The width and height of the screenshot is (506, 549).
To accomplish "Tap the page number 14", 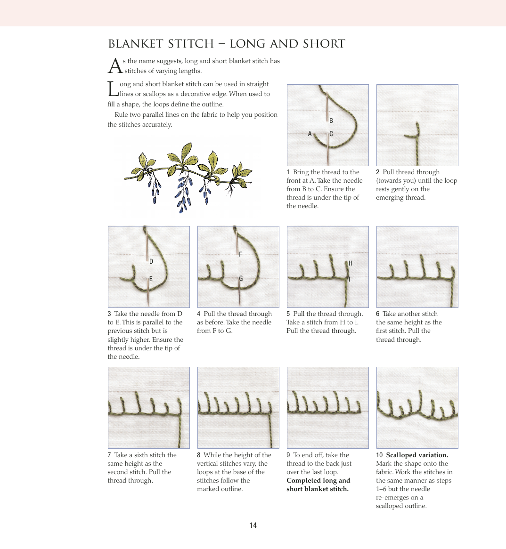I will (253, 525).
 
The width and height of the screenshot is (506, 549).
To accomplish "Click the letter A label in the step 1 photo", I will (310, 134).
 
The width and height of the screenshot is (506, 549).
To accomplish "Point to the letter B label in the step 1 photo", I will (331, 121).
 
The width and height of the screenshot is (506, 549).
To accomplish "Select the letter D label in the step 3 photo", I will (151, 262).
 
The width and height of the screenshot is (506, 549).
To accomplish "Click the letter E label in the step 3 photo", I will (151, 279).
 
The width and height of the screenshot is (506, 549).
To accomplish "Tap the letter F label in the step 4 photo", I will (240, 254).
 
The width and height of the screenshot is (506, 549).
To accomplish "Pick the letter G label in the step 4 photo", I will (241, 278).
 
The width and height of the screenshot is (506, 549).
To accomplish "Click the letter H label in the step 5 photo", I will (351, 263).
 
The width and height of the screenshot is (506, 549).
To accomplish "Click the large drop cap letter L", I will (113, 89).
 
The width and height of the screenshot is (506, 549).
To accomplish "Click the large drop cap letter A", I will (115, 66).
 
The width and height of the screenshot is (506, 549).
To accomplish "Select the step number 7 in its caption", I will (109, 455).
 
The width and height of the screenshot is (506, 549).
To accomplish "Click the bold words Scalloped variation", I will (417, 455).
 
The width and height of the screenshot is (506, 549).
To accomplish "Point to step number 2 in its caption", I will (378, 172).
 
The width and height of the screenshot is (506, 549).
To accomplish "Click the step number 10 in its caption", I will (379, 455).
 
